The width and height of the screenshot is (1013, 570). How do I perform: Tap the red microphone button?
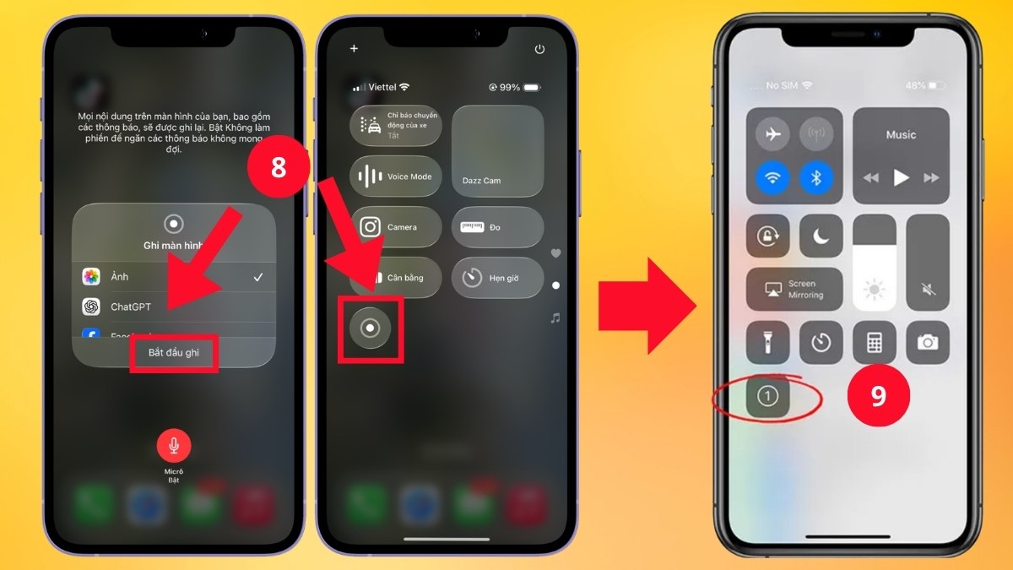(174, 444)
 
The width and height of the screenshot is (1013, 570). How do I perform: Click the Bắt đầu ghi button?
(174, 353)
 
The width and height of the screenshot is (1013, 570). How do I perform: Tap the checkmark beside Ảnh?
(258, 277)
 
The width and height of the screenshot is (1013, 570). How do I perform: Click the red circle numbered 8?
(279, 166)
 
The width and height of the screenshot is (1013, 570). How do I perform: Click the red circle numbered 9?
(878, 396)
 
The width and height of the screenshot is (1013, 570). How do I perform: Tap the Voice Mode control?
(396, 176)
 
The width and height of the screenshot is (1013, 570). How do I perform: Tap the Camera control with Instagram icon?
(396, 227)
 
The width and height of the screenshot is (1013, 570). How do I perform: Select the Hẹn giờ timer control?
(497, 278)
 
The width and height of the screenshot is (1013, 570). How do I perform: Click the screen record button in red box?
(370, 328)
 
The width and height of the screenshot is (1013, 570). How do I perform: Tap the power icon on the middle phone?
(540, 50)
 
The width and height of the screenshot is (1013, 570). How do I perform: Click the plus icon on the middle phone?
(354, 49)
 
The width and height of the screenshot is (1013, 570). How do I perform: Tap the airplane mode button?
(772, 134)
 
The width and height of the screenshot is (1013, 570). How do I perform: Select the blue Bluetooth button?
(816, 177)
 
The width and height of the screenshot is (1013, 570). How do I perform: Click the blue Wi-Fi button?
(772, 177)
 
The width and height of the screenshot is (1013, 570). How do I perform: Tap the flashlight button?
(767, 342)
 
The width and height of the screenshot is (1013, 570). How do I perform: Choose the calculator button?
(874, 342)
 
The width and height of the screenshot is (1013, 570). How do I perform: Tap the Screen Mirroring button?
(794, 290)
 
